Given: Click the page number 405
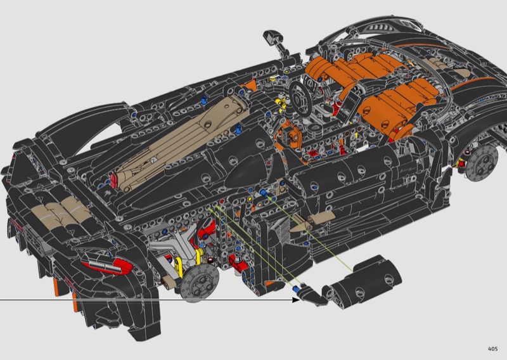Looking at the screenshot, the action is click(493, 349).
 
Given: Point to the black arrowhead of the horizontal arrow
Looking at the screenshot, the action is click(295, 300).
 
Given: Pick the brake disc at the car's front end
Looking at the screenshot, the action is click(482, 163).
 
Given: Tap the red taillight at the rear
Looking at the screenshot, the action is click(106, 264).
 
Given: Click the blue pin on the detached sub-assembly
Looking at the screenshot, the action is click(295, 288).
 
